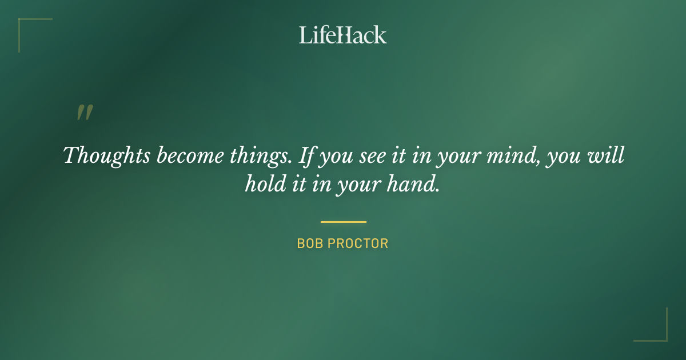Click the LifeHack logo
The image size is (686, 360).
pos(343,35)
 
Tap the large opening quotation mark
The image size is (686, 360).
pos(85,113)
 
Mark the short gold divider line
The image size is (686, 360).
pos(343,222)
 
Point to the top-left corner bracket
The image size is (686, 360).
pos(29,29)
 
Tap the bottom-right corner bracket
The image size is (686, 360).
pos(657,331)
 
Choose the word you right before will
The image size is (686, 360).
pos(563,156)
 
